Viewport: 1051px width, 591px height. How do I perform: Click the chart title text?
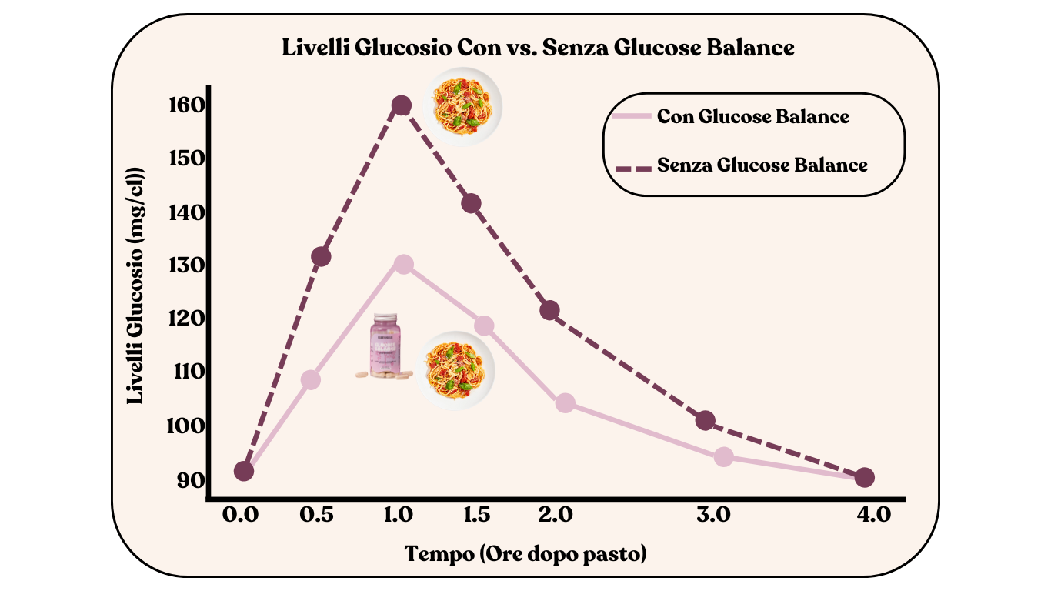[538, 48]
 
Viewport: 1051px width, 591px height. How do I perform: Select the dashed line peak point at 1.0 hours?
[401, 105]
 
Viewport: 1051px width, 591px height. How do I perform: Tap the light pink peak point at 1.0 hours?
[403, 265]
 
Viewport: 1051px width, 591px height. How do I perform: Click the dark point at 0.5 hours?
[321, 256]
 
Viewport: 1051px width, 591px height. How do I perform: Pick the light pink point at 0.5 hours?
[311, 379]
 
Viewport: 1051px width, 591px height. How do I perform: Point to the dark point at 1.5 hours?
[471, 203]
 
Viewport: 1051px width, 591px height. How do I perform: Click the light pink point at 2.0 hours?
[565, 402]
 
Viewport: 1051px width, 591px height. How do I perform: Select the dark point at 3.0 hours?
[705, 420]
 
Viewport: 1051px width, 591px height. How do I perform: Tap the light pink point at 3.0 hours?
[723, 456]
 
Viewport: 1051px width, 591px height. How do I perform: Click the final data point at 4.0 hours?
[864, 478]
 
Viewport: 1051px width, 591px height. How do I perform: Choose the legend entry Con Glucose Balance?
[752, 117]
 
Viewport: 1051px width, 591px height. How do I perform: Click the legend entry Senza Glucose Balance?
[762, 165]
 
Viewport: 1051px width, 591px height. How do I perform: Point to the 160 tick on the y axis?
[185, 105]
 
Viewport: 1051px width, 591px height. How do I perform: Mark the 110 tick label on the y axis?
[185, 372]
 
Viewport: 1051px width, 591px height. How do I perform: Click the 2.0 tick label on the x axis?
[555, 515]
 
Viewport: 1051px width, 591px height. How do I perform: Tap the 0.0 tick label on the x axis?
[239, 515]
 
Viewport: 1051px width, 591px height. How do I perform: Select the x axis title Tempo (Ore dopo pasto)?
[525, 554]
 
